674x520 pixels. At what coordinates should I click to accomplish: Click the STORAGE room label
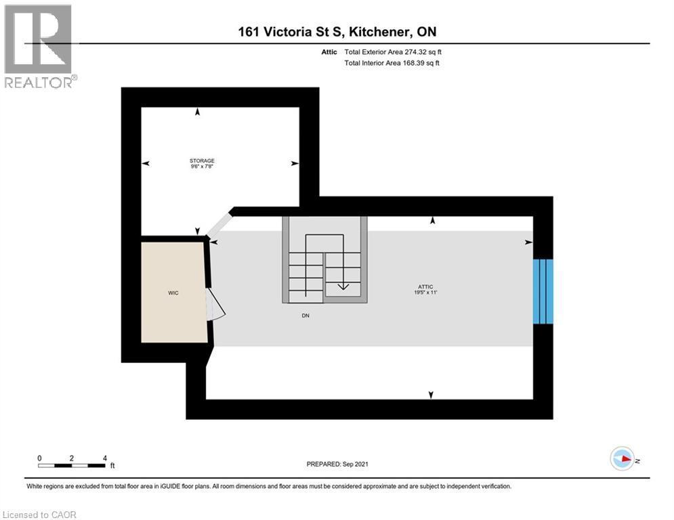click(x=202, y=160)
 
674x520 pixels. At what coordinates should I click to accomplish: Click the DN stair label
click(x=306, y=316)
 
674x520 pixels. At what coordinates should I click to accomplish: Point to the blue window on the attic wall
click(x=543, y=292)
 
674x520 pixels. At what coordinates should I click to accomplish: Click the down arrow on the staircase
click(x=343, y=285)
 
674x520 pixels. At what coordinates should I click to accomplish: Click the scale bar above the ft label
click(x=72, y=465)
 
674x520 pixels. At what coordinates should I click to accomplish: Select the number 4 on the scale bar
click(x=104, y=458)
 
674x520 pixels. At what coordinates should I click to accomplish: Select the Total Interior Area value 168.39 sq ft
click(x=423, y=63)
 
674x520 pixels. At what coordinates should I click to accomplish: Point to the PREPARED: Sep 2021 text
click(x=337, y=464)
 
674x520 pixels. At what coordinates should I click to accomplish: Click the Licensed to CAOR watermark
click(x=40, y=515)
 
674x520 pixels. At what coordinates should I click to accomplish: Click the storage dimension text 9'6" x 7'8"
click(x=202, y=167)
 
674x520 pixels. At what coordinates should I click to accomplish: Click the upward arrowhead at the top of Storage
click(x=198, y=112)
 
